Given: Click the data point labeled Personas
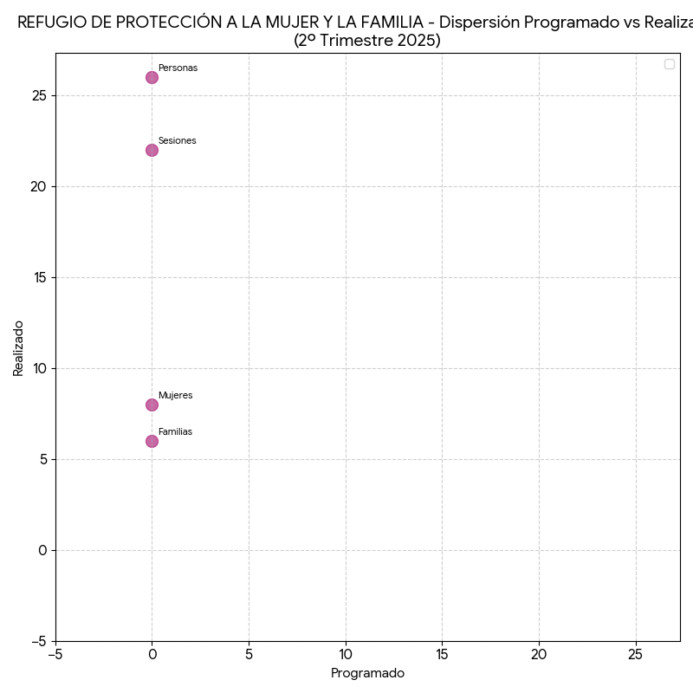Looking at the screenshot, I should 152,77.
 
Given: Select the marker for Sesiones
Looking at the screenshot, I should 152,150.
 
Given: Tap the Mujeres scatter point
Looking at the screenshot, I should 152,405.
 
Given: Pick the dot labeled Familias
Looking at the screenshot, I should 152,441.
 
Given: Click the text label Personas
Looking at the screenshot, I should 178,68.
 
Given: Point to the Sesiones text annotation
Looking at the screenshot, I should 177,140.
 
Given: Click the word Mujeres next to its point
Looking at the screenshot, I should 175,395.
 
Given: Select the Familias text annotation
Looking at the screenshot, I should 175,431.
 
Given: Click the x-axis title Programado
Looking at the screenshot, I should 367,673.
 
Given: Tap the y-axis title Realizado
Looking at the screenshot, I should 18,347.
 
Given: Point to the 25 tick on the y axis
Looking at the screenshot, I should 38,95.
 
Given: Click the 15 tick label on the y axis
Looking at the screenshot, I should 38,277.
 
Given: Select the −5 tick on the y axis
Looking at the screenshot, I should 38,641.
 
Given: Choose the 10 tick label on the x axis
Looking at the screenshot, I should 346,655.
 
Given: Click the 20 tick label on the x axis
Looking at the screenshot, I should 539,655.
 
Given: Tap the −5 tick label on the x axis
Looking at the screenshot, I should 55,655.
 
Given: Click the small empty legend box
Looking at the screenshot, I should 669,64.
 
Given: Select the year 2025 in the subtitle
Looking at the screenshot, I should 419,41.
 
